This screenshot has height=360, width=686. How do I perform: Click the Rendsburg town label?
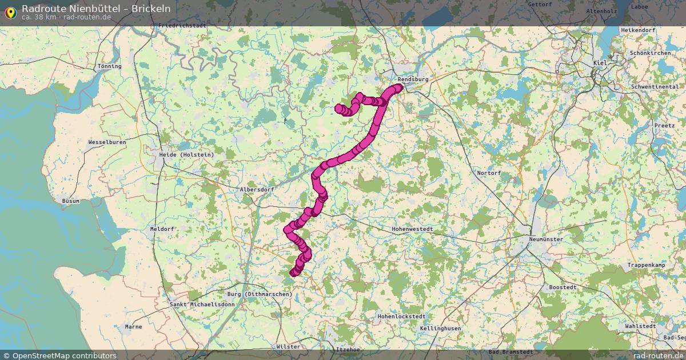(412, 79)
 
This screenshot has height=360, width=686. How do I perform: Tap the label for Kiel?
(600, 62)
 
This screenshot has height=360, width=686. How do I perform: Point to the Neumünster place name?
(546, 239)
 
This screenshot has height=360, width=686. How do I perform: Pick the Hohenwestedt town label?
(412, 229)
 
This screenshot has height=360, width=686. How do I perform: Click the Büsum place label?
(71, 201)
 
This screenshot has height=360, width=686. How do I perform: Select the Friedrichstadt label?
(182, 26)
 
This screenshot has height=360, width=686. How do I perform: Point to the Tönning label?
(110, 66)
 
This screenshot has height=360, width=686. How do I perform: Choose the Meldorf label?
(162, 229)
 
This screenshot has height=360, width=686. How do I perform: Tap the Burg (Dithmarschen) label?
(260, 294)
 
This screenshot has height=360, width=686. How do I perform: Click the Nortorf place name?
(489, 173)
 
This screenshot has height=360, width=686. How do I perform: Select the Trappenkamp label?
(647, 265)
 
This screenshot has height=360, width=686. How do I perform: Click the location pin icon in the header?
(10, 13)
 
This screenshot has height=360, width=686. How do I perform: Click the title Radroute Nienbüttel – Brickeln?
(96, 9)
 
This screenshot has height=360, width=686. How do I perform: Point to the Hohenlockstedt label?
(401, 316)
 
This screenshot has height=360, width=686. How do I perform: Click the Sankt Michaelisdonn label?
(202, 305)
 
